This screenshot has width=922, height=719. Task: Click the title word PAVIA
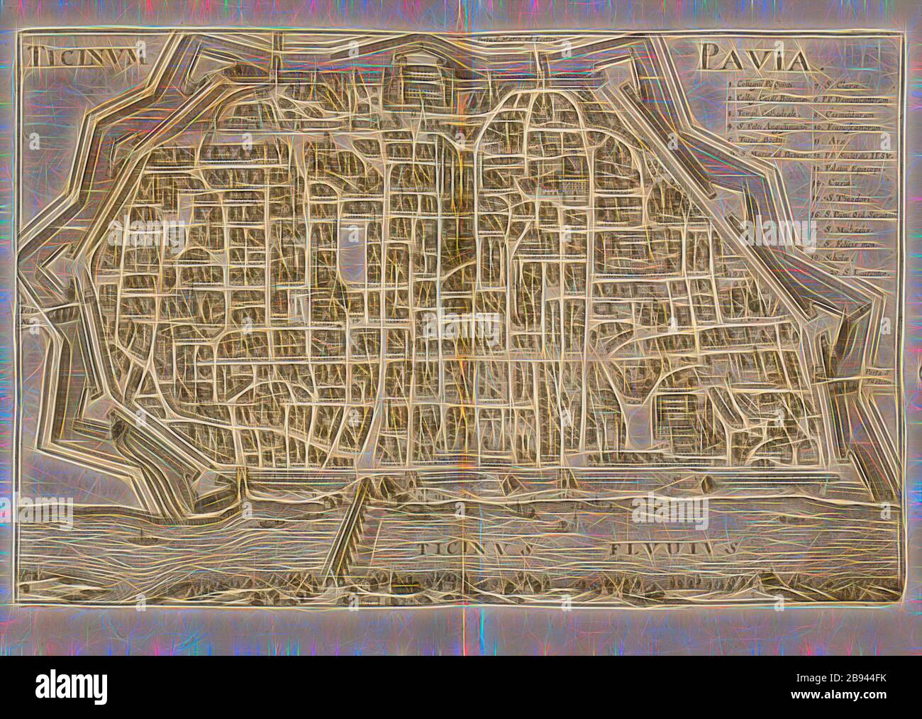758,60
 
